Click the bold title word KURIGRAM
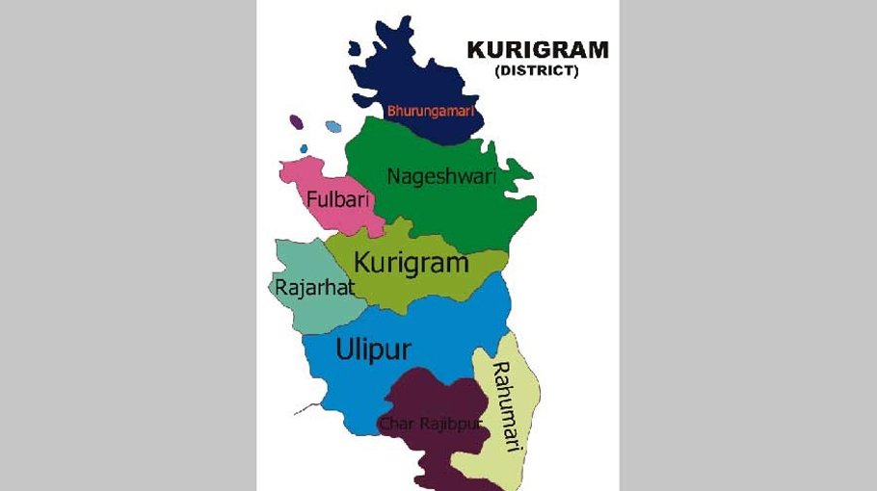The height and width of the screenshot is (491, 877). point(537,50)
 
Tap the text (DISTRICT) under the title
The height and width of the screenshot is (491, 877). point(536,71)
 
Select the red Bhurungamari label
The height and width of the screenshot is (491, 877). point(432,111)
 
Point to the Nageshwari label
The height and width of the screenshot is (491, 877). point(428,176)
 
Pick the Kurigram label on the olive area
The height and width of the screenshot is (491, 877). point(412,262)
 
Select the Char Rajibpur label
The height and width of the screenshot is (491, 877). point(430,424)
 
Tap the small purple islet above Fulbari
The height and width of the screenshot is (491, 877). point(296,122)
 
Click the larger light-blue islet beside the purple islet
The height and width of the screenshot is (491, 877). point(333,126)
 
